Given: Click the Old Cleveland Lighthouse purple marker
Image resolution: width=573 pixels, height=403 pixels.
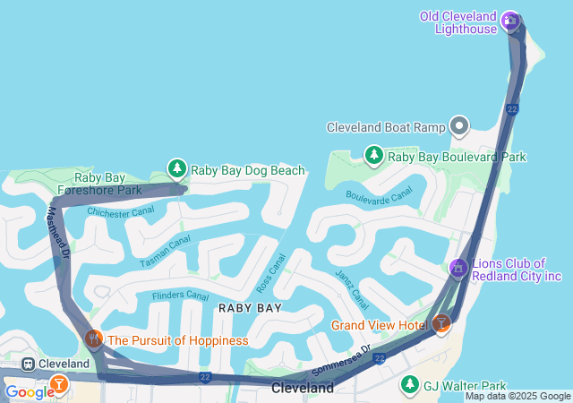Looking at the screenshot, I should click(x=510, y=19).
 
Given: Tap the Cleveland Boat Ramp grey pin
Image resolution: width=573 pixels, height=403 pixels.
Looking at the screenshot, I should click(x=459, y=126).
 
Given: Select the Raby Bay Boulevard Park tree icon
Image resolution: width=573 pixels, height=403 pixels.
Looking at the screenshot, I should click(x=374, y=156).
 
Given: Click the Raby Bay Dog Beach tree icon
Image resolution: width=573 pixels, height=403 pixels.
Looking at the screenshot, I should click(x=177, y=168).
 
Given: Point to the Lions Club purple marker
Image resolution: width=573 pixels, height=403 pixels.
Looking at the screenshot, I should click(x=458, y=268).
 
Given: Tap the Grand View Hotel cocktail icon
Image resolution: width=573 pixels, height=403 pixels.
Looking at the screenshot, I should click(x=440, y=324).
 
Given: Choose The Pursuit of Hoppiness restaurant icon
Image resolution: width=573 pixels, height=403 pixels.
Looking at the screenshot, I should click(x=94, y=339).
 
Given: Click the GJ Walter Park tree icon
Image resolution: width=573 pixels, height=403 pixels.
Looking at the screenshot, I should click(x=410, y=384).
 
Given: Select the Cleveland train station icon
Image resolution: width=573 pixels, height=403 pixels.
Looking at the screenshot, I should click(x=29, y=364).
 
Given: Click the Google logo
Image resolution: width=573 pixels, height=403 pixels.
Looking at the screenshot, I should click(x=30, y=391).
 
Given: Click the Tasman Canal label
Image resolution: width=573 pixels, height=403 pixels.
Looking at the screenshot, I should click(x=165, y=252).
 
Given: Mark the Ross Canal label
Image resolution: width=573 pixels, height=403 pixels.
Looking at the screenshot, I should click(x=270, y=272).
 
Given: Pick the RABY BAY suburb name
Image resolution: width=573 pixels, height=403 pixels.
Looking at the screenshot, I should click(x=251, y=308).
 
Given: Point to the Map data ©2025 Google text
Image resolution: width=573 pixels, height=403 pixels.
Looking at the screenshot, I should click(x=517, y=396).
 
